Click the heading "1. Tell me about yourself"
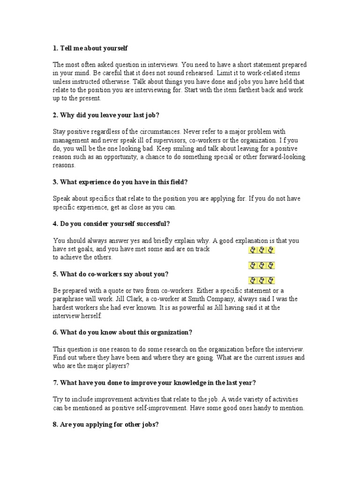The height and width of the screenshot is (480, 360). (x=90, y=48)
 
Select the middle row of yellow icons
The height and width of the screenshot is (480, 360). (x=261, y=265)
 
